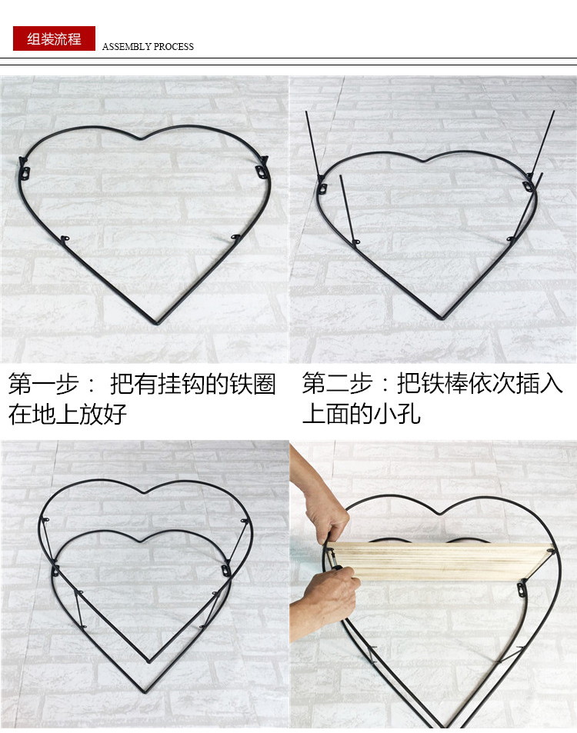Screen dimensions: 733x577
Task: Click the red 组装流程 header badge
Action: (x=54, y=38)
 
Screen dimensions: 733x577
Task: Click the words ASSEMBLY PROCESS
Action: (x=148, y=47)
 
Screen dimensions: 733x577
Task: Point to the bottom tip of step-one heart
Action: (x=158, y=323)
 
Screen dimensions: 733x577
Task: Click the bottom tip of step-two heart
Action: (x=441, y=318)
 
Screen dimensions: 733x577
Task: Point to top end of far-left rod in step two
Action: (x=306, y=113)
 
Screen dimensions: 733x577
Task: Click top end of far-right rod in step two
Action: (x=553, y=112)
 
